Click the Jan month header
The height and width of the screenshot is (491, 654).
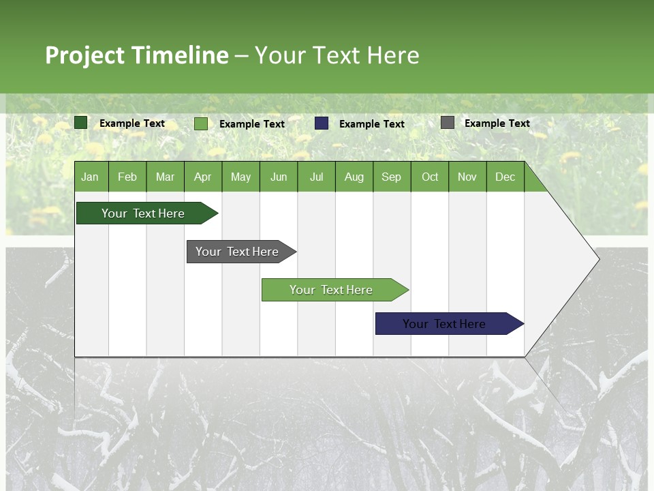pyautogui.click(x=90, y=177)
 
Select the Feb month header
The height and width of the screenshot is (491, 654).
pyautogui.click(x=127, y=177)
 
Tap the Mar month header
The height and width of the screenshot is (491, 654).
pyautogui.click(x=165, y=177)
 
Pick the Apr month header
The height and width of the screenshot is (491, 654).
pyautogui.click(x=202, y=177)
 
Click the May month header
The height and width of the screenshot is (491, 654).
pyautogui.click(x=240, y=177)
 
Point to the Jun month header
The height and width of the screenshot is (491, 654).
pyautogui.click(x=279, y=177)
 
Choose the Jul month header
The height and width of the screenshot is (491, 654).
pyautogui.click(x=316, y=177)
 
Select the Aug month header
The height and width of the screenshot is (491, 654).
pyautogui.click(x=354, y=177)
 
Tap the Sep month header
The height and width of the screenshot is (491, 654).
pyautogui.click(x=392, y=177)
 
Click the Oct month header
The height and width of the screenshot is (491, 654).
pyautogui.click(x=430, y=177)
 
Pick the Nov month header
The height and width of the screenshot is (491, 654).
pyautogui.click(x=467, y=177)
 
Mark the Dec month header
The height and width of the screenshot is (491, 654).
pyautogui.click(x=505, y=177)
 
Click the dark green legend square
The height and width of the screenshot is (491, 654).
pyautogui.click(x=81, y=123)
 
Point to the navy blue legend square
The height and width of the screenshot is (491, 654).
pyautogui.click(x=322, y=123)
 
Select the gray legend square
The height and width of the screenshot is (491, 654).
pyautogui.click(x=448, y=123)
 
